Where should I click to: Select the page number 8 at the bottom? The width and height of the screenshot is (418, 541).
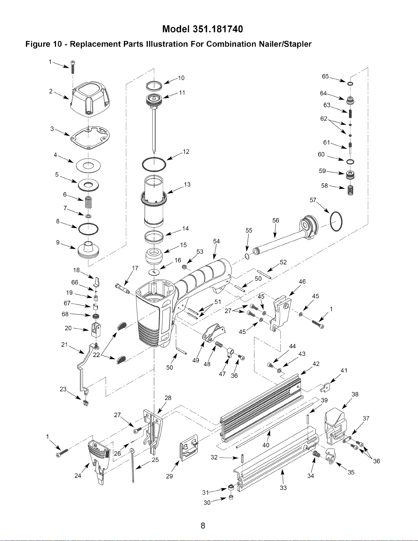tap(203, 526)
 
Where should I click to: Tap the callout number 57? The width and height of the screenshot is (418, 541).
tap(313, 200)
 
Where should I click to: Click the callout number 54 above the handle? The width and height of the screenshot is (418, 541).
tap(216, 241)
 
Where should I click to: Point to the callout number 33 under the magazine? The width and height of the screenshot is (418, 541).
tap(283, 488)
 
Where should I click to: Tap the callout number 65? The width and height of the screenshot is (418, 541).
tap(325, 76)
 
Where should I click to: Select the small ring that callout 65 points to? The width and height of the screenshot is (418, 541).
tap(350, 83)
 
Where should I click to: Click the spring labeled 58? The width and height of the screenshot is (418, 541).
tap(350, 191)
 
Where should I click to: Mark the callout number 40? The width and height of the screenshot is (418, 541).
tap(266, 445)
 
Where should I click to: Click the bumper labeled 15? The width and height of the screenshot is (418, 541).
tap(154, 256)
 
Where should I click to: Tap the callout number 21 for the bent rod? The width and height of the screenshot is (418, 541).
tap(64, 344)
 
